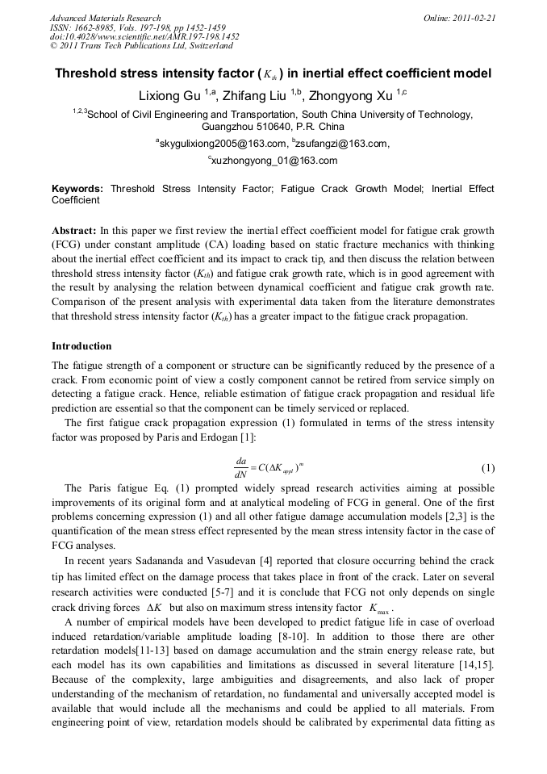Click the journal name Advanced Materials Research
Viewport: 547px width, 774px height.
click(x=105, y=18)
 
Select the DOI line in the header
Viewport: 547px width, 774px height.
click(x=144, y=36)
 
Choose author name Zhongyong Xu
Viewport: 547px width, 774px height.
click(x=348, y=95)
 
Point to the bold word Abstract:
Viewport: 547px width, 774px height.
click(x=74, y=230)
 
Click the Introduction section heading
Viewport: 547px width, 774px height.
click(x=81, y=346)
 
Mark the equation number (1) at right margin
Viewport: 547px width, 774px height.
click(x=487, y=468)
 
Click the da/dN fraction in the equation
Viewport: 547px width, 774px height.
click(x=240, y=468)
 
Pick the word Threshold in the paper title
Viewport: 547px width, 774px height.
click(x=87, y=73)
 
